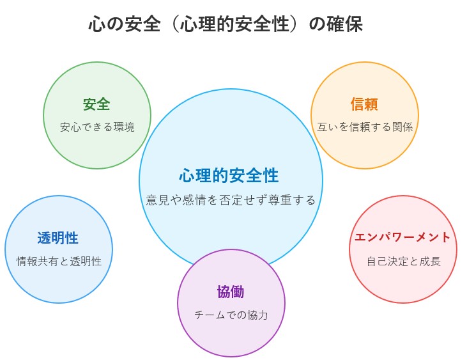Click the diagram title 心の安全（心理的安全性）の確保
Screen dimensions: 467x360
(226, 24)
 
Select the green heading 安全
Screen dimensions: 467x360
(96, 104)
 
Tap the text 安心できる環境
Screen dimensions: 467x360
(97, 127)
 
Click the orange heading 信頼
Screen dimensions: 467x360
(364, 104)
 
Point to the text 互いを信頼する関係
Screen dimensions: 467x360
(365, 127)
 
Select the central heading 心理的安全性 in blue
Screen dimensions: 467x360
(229, 175)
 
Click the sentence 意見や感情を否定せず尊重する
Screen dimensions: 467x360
(231, 200)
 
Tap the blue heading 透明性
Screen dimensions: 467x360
(57, 238)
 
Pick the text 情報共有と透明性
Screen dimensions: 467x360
(59, 262)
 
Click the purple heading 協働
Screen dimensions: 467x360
(231, 292)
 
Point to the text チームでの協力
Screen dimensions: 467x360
(231, 315)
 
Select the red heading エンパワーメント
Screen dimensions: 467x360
(402, 237)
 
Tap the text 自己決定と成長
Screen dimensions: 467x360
(404, 262)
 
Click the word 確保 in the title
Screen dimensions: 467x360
(345, 24)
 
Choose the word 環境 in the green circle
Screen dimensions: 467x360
(124, 127)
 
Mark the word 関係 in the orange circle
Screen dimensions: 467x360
(402, 127)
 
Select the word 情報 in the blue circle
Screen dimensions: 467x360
(27, 262)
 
